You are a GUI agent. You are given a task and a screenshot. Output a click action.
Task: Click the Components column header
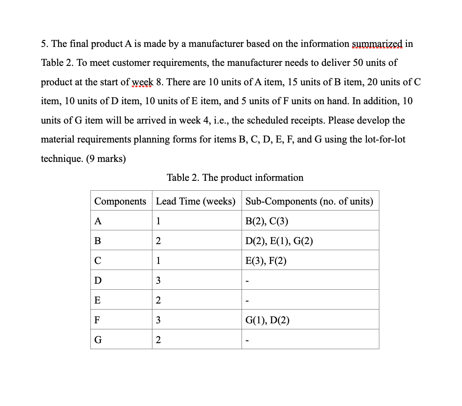pyautogui.click(x=120, y=201)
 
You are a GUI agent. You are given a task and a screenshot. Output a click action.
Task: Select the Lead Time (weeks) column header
pyautogui.click(x=195, y=201)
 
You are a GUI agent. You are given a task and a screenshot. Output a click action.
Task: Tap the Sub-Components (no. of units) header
pyautogui.click(x=309, y=201)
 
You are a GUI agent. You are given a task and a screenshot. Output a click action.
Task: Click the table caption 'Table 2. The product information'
pyautogui.click(x=235, y=177)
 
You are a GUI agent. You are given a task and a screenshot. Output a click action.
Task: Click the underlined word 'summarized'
pyautogui.click(x=377, y=44)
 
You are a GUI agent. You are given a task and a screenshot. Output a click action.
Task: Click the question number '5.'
pyautogui.click(x=45, y=44)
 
